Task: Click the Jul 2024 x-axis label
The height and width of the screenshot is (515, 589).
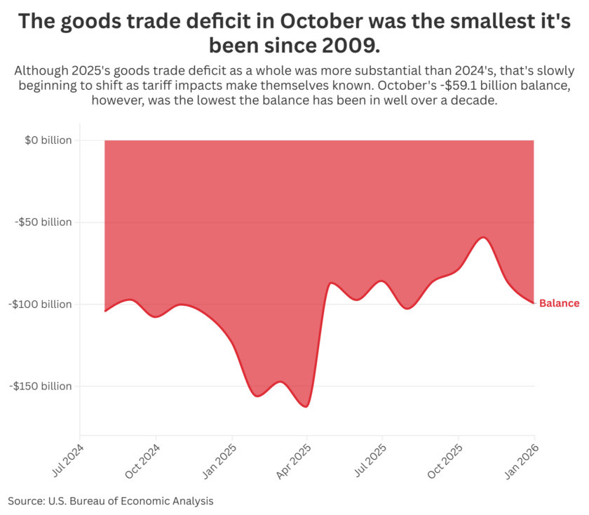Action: pyautogui.click(x=68, y=460)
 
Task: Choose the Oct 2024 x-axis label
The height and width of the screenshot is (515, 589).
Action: pyautogui.click(x=144, y=460)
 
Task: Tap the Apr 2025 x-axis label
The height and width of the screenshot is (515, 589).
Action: pyautogui.click(x=295, y=460)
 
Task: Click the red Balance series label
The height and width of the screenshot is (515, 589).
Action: pyautogui.click(x=559, y=304)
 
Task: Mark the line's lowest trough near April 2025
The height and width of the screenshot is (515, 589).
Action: pyautogui.click(x=306, y=406)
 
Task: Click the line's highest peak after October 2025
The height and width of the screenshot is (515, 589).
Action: pyautogui.click(x=483, y=238)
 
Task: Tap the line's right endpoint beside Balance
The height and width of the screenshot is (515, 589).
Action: pyautogui.click(x=534, y=303)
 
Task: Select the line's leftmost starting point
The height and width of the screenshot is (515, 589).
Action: pyautogui.click(x=105, y=311)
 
